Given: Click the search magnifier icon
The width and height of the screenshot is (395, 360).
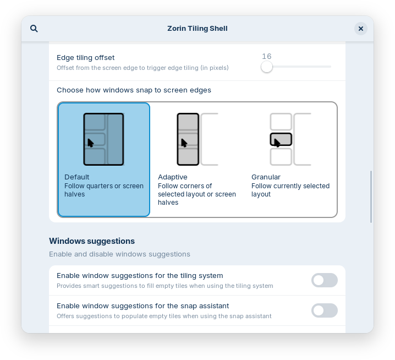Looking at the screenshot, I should pyautogui.click(x=34, y=29).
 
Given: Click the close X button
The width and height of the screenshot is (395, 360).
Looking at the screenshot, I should pyautogui.click(x=361, y=29).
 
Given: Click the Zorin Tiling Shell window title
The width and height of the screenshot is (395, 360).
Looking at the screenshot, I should pyautogui.click(x=197, y=29).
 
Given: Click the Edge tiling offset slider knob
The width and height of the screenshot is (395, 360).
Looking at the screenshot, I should pyautogui.click(x=267, y=67).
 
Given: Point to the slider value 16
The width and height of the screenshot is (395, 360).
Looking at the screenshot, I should pyautogui.click(x=267, y=56).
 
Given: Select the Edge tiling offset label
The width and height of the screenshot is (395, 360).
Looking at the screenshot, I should pyautogui.click(x=86, y=57).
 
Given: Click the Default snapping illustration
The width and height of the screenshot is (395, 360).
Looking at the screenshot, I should pyautogui.click(x=103, y=139).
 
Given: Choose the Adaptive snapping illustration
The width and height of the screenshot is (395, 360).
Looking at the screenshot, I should pyautogui.click(x=197, y=139).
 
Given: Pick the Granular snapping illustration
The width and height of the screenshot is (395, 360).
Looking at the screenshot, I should pyautogui.click(x=290, y=139).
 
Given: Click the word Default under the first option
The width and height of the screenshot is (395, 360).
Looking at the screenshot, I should pyautogui.click(x=76, y=177).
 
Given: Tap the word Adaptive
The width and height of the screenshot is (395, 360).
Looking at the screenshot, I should pyautogui.click(x=173, y=177).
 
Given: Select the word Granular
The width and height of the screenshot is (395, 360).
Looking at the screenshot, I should pyautogui.click(x=266, y=177).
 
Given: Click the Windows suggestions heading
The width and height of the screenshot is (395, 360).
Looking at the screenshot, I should pyautogui.click(x=92, y=241).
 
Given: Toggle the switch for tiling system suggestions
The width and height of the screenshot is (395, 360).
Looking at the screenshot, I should pyautogui.click(x=325, y=280).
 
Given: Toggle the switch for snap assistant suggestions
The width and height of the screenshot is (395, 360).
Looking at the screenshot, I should pyautogui.click(x=325, y=310).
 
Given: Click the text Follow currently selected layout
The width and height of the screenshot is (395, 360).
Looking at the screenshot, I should pyautogui.click(x=290, y=190).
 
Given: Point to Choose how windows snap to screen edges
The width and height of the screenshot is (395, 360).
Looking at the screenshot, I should pyautogui.click(x=134, y=90).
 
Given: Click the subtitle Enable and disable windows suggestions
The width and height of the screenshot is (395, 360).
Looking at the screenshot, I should pyautogui.click(x=119, y=254).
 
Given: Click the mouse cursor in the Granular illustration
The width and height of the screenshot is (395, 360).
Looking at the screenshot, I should pyautogui.click(x=277, y=143).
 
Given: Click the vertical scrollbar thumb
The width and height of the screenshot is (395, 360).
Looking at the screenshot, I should pyautogui.click(x=371, y=197).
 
